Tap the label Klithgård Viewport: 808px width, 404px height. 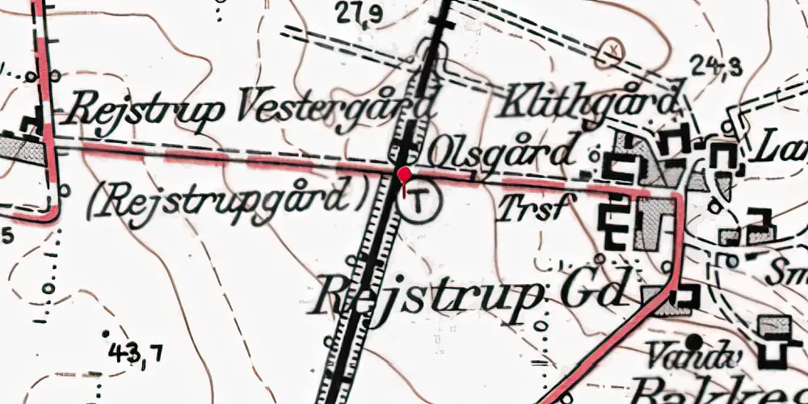click(x=590, y=103)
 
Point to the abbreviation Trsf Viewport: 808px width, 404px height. click(x=530, y=208)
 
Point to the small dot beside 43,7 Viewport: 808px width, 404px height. click(x=105, y=333)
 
